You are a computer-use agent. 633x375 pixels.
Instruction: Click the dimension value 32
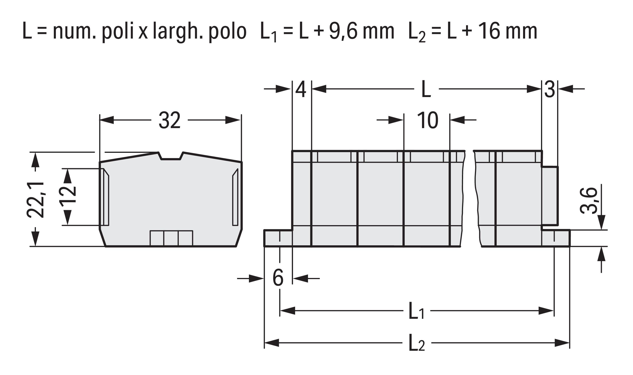click(169, 120)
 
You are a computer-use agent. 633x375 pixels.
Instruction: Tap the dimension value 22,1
click(35, 200)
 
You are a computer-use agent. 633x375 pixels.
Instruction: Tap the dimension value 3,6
click(589, 201)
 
